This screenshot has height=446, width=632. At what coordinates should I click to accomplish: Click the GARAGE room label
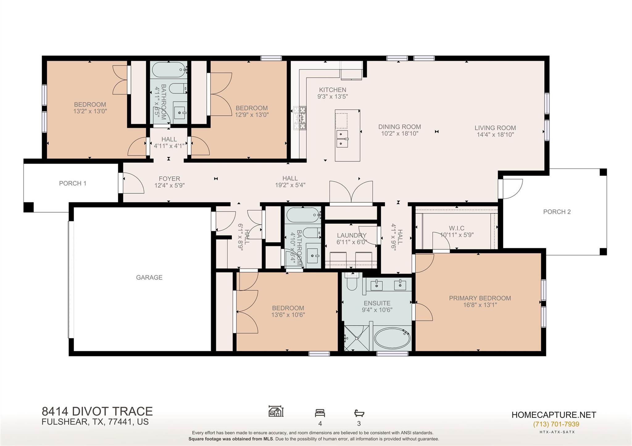tap(149, 277)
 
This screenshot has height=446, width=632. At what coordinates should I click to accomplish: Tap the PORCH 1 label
tap(73, 183)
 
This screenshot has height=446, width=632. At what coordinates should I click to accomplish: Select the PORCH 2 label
tap(557, 212)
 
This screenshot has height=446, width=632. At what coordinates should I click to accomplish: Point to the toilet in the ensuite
tap(352, 282)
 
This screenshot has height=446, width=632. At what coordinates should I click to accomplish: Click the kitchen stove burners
tap(300, 118)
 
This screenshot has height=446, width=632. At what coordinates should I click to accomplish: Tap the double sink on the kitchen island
tap(342, 138)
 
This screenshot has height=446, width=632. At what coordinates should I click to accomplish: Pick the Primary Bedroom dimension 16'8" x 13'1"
tap(480, 305)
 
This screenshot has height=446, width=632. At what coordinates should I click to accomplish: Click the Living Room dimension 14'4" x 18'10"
tap(495, 134)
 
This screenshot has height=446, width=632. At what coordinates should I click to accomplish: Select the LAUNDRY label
tap(351, 235)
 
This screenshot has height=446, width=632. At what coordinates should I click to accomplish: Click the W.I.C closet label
tap(456, 228)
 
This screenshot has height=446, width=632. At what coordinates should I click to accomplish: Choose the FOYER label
tap(169, 179)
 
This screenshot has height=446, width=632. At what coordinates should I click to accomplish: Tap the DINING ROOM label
tap(400, 127)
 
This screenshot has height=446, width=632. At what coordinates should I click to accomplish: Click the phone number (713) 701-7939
tap(556, 424)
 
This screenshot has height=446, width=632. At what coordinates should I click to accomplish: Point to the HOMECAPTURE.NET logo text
tap(554, 415)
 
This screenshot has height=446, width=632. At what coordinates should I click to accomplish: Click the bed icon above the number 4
tap(320, 413)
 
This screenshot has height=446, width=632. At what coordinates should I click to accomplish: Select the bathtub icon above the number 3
tap(359, 413)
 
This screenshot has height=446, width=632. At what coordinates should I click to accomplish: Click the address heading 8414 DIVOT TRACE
tap(97, 411)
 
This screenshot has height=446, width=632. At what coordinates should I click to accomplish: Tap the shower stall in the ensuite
tap(356, 338)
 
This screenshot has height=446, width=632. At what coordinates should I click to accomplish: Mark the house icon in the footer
tap(276, 411)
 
